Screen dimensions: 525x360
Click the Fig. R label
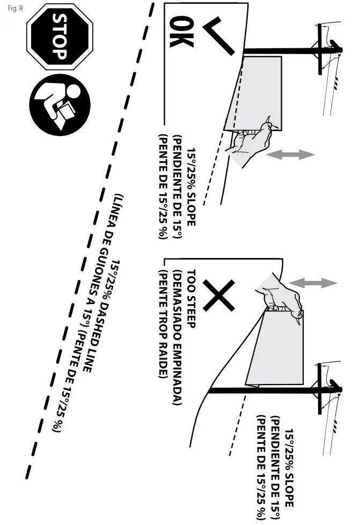[x=14, y=8]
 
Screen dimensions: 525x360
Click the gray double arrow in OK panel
[x=290, y=154]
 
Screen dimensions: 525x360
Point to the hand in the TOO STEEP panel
[x=279, y=300]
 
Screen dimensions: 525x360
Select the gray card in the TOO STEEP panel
[x=279, y=349]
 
